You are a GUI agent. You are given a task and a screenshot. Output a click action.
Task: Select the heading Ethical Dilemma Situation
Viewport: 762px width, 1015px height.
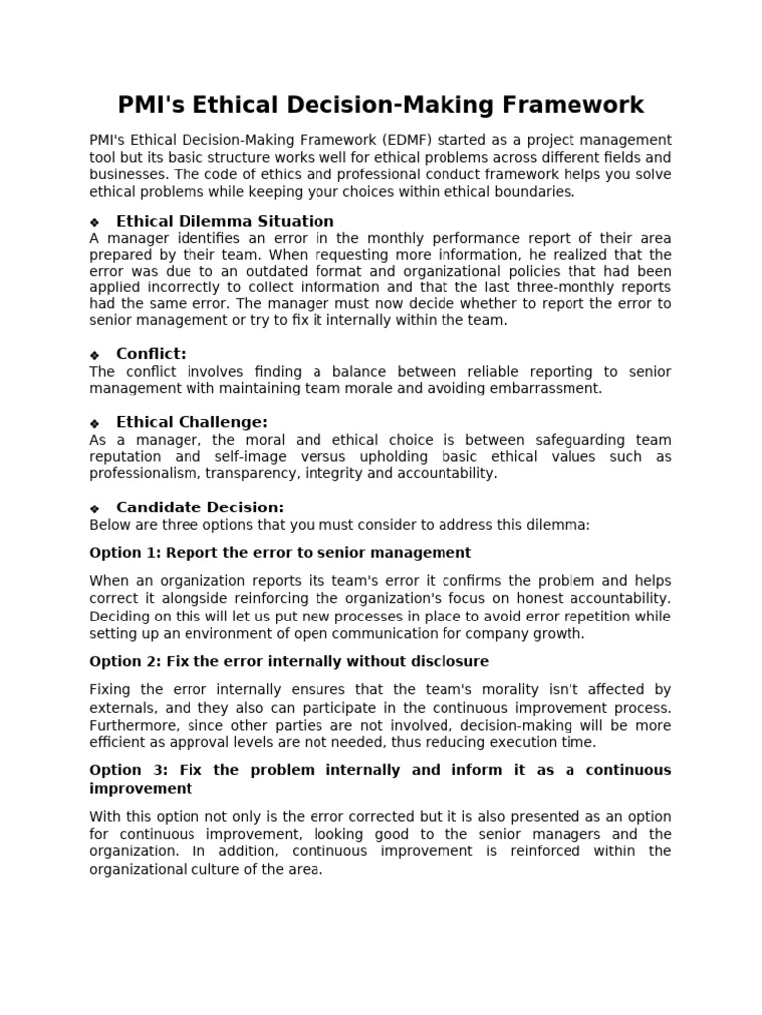[225, 221]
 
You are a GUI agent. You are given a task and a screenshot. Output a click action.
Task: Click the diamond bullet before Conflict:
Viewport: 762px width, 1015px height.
[95, 355]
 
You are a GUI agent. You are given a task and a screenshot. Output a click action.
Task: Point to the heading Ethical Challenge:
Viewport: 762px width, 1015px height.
[191, 422]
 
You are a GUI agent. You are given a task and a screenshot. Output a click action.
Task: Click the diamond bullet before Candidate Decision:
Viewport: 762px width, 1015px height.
[95, 508]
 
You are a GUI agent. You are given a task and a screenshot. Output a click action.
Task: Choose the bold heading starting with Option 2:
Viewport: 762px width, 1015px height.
[289, 661]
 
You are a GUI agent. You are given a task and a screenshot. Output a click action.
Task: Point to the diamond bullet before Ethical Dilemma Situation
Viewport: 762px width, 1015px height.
[95, 222]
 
